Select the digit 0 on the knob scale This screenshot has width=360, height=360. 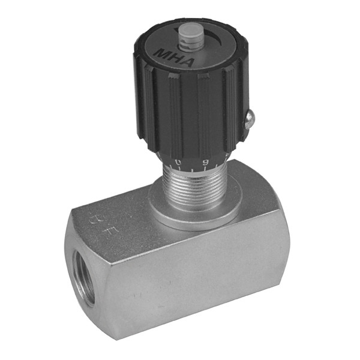click(178, 163)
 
